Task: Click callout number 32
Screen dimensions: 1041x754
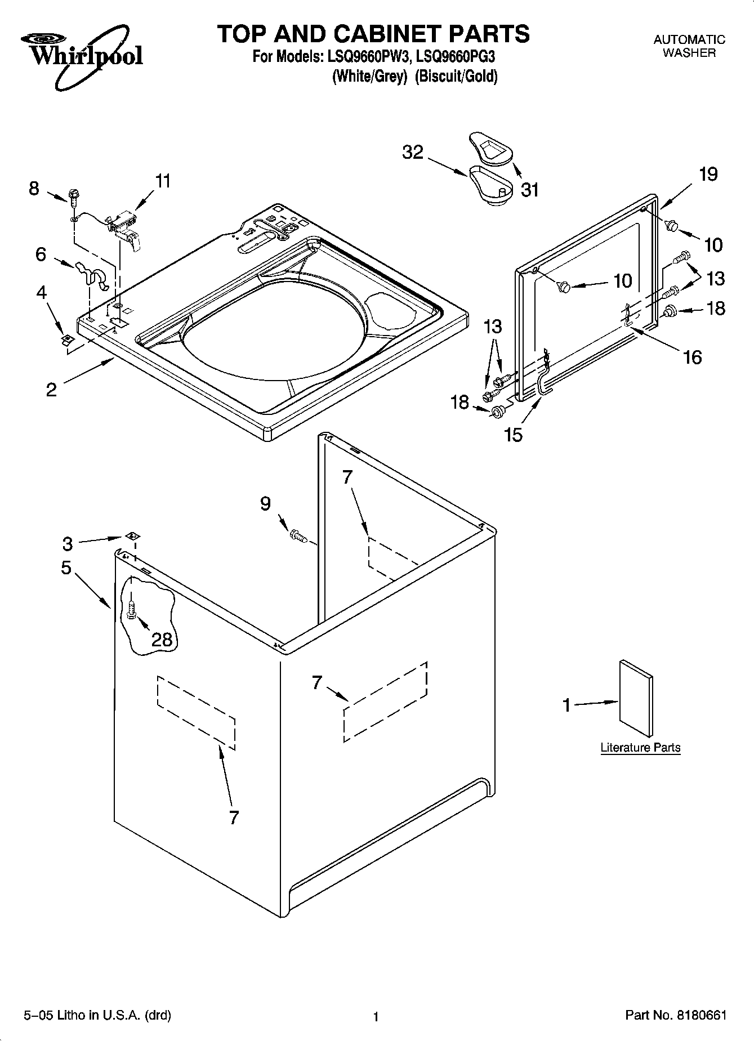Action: coord(413,152)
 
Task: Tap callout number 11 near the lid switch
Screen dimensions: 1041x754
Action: coord(163,181)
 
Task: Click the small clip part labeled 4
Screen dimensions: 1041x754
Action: coord(68,339)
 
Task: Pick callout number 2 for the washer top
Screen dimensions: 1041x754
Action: coord(51,390)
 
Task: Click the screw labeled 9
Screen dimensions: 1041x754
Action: coord(297,535)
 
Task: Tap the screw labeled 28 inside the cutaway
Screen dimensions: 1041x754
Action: coord(131,610)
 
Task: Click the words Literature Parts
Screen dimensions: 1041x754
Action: coord(640,748)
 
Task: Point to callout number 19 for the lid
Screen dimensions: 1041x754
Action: coord(708,174)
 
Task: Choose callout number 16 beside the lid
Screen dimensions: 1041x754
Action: coord(692,356)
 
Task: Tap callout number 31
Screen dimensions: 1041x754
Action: coord(530,190)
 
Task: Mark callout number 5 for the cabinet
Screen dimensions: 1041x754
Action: coord(66,568)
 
